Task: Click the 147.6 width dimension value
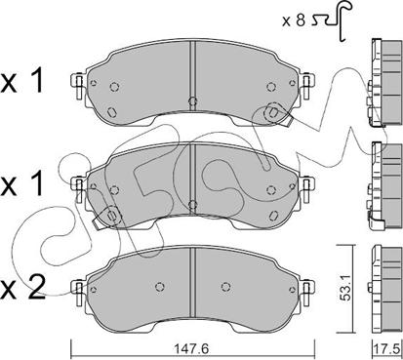[x=193, y=349]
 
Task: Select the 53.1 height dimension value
[x=344, y=288]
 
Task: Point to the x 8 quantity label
[x=294, y=21]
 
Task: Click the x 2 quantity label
[x=22, y=289]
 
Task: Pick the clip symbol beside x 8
[x=331, y=20]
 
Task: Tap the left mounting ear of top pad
[x=78, y=85]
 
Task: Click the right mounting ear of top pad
[x=306, y=85]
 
